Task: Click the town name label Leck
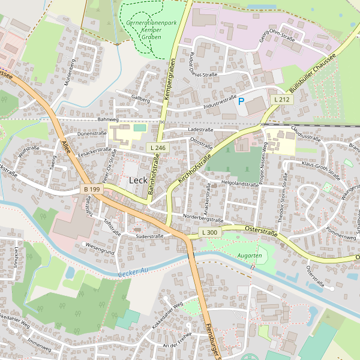(x=138, y=180)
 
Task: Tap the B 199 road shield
(x=92, y=190)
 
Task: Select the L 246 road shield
(x=158, y=148)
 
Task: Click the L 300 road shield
(x=209, y=232)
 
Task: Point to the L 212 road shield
(x=281, y=99)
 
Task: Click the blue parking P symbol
(x=241, y=101)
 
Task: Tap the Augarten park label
(x=250, y=256)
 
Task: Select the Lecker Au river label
(x=133, y=272)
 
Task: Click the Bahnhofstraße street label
(x=153, y=176)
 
